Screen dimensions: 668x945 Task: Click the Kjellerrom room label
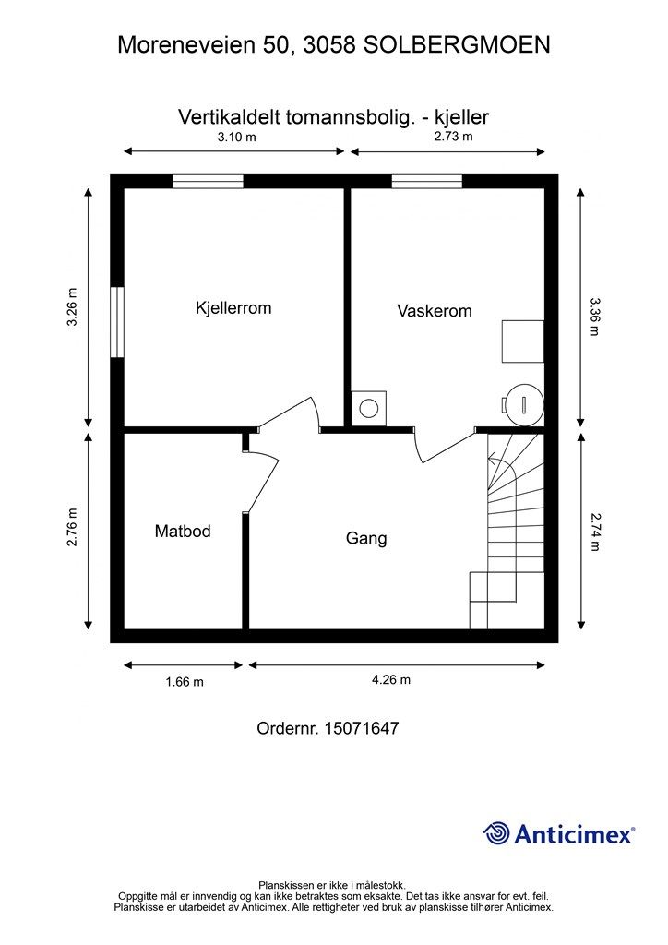233,308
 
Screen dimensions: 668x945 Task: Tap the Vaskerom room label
435,311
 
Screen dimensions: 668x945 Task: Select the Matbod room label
183,531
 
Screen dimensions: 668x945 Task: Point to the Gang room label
366,538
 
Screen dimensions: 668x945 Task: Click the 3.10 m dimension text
237,137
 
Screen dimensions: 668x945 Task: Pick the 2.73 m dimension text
454,137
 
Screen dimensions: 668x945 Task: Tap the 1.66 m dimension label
185,682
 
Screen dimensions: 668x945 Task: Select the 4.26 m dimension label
391,680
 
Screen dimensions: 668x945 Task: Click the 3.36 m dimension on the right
595,317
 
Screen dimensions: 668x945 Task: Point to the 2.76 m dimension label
72,527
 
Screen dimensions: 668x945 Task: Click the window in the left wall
117,322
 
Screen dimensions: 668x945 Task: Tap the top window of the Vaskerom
427,182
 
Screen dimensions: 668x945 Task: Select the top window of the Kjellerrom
208,182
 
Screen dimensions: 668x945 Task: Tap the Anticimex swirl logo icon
496,833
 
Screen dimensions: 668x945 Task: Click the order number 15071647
362,728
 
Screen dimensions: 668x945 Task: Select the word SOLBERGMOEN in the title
457,44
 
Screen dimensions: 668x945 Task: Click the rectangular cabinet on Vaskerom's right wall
523,341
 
